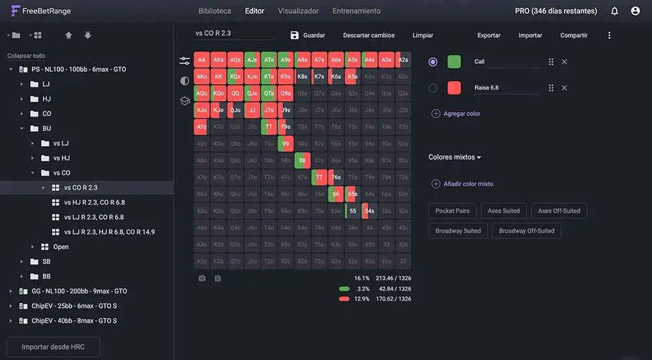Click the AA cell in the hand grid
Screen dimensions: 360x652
pyautogui.click(x=201, y=60)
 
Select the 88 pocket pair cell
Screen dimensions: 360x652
pyautogui.click(x=302, y=160)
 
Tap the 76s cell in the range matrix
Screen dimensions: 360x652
pyautogui.click(x=335, y=177)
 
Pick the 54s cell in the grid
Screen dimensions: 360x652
pyautogui.click(x=369, y=211)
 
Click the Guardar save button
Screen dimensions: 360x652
pyautogui.click(x=308, y=35)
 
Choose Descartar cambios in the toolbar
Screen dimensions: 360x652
pyautogui.click(x=368, y=35)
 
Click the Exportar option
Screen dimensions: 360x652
pyautogui.click(x=489, y=35)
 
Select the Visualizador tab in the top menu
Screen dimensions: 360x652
pyautogui.click(x=298, y=11)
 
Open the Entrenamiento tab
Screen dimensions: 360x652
pyautogui.click(x=356, y=11)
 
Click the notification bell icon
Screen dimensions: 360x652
pyautogui.click(x=614, y=11)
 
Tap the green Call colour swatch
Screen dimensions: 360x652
pyautogui.click(x=454, y=62)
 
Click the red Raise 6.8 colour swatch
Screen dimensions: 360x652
pyautogui.click(x=454, y=88)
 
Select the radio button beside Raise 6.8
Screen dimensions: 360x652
pyautogui.click(x=433, y=88)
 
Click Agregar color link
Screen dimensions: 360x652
pyautogui.click(x=461, y=113)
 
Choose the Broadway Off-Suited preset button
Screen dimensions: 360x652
pyautogui.click(x=526, y=231)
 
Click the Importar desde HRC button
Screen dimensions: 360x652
pyautogui.click(x=53, y=347)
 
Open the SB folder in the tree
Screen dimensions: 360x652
pyautogui.click(x=46, y=262)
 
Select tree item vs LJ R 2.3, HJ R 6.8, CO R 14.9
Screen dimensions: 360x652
pyautogui.click(x=109, y=232)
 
